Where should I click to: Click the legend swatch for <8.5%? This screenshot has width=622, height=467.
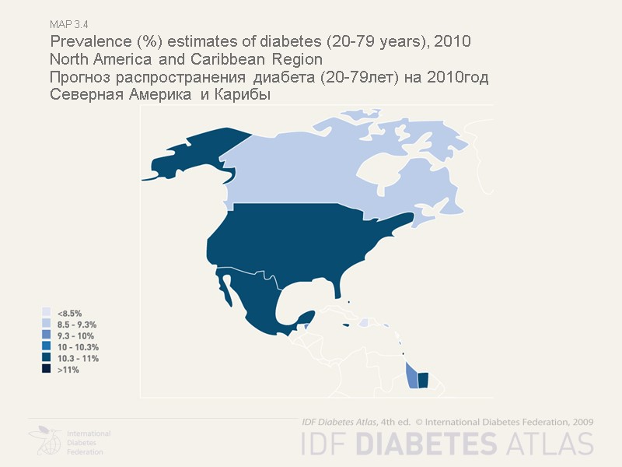47,311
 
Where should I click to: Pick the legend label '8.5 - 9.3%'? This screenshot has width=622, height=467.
77,323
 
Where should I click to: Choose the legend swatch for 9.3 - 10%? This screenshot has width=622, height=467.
47,335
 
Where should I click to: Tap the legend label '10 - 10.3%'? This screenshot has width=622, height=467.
78,346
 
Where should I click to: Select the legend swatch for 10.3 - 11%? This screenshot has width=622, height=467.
47,358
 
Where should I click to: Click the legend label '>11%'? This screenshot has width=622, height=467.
68,370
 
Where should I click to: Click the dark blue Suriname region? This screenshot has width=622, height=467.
423,380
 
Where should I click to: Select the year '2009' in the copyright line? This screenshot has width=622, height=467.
582,421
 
